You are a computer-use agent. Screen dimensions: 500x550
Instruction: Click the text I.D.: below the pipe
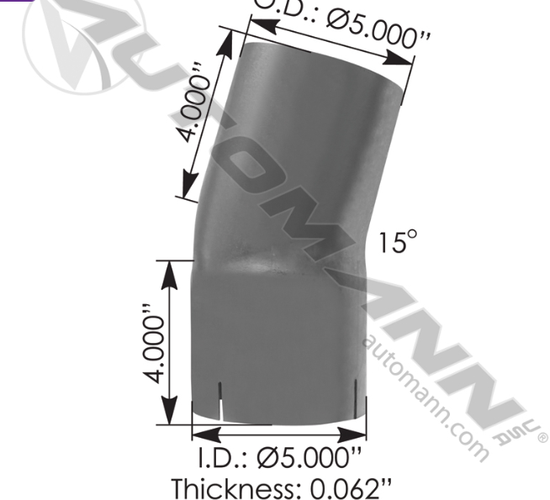[225, 460]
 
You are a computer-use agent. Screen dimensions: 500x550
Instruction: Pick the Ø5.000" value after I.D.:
[311, 460]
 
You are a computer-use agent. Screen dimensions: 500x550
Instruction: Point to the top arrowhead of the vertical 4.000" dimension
[171, 268]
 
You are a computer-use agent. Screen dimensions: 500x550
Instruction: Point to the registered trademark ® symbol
[541, 437]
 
